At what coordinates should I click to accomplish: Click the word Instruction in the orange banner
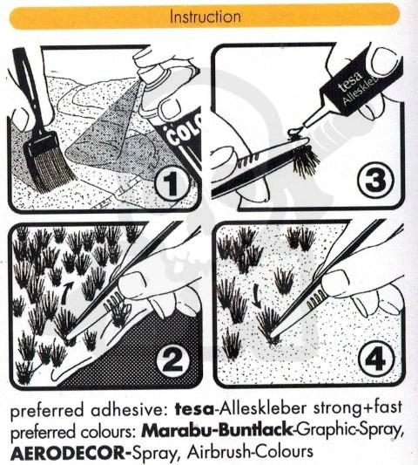[206, 17]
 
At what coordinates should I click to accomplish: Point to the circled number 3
[375, 179]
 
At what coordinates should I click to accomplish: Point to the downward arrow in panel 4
[256, 297]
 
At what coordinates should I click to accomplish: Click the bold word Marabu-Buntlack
[218, 431]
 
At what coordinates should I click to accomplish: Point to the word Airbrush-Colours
[251, 452]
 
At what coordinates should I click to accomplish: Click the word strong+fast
[358, 407]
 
